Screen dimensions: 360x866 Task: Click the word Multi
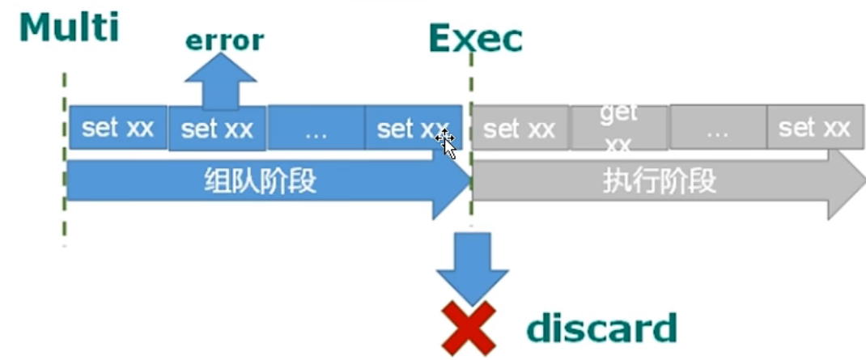[69, 27]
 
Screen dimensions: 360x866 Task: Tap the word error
[224, 40]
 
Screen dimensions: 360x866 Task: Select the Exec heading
[475, 38]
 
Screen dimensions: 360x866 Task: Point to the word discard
[601, 328]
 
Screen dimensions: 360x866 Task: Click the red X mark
[468, 327]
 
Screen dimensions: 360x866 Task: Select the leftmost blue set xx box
[118, 128]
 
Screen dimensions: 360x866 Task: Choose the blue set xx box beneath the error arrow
[217, 129]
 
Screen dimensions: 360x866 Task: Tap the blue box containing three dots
[316, 129]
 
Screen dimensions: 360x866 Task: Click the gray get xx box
[619, 128]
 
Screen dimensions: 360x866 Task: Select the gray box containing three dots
[717, 128]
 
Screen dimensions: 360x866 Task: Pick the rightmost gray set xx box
[814, 127]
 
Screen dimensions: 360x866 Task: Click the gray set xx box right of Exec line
[520, 128]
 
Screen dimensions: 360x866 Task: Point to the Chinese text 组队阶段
[260, 181]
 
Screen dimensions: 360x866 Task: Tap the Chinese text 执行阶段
[660, 181]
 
